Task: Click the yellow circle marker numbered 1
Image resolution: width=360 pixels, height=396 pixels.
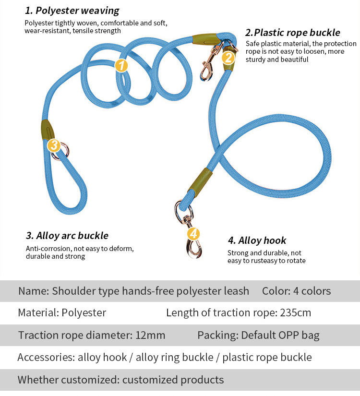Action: tap(121, 66)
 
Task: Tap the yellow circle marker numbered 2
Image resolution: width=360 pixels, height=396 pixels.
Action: tap(228, 58)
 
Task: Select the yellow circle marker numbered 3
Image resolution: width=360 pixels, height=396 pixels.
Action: tap(54, 145)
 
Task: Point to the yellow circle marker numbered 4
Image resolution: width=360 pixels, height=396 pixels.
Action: tap(193, 234)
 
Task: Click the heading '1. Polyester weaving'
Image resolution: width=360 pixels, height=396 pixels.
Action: tap(72, 11)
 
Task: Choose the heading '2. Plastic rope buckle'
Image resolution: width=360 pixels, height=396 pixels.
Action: tap(293, 33)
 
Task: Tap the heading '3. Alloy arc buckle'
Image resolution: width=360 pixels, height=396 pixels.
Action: tap(67, 236)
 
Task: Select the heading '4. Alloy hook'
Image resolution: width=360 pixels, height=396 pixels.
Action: tap(257, 240)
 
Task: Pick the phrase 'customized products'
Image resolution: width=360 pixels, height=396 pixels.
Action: tap(173, 380)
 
